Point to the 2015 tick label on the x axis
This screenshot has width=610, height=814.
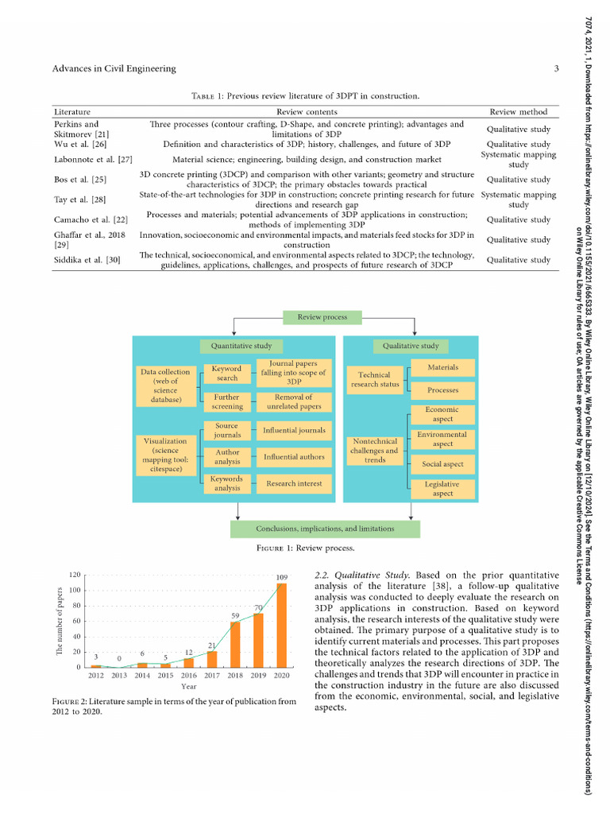pos(165,676)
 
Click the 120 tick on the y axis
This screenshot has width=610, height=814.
pos(75,575)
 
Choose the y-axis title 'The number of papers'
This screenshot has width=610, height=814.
pos(59,621)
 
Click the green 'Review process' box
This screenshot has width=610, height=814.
pos(322,317)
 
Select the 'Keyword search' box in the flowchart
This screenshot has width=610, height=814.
pos(227,374)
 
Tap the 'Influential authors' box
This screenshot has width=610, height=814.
pos(294,457)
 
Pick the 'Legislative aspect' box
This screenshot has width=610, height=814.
pos(443,489)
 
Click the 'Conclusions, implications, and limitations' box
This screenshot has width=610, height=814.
pos(325,529)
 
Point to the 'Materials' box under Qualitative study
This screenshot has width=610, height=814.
pos(443,368)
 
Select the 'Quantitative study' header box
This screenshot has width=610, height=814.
pos(241,346)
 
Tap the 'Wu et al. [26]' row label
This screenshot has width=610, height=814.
pos(78,144)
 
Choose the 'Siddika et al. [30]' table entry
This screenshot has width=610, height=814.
pos(87,260)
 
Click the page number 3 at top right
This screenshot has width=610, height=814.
pos(557,69)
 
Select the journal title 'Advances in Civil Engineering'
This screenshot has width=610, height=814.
pos(114,69)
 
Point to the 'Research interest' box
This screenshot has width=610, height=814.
pos(294,483)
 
